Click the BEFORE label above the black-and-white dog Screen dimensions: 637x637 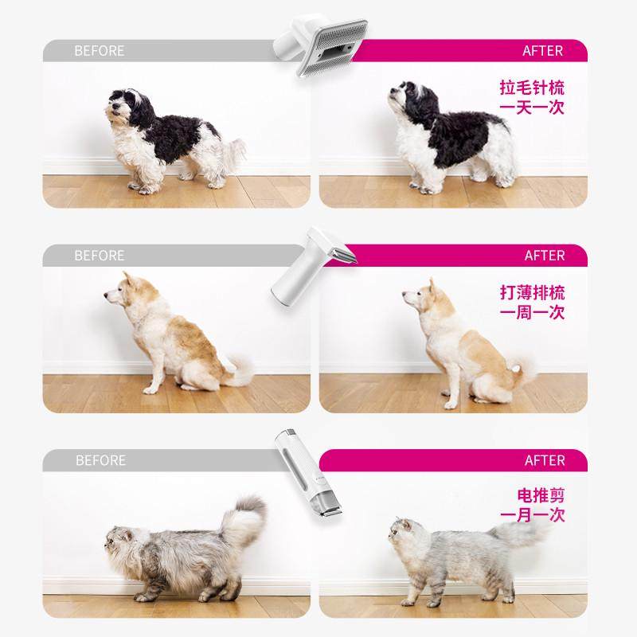100,51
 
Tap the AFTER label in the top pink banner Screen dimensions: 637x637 542,51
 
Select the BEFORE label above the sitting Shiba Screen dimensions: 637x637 100,256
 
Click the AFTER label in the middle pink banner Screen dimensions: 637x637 544,256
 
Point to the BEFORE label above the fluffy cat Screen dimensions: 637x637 100,460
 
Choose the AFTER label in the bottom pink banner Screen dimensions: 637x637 544,460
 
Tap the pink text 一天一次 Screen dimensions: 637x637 532,107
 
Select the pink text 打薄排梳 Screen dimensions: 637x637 532,292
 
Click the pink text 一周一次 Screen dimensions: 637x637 532,312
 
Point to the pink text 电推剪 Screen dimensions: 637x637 541,495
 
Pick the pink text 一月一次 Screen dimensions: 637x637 532,515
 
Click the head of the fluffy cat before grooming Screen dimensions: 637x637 122,543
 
